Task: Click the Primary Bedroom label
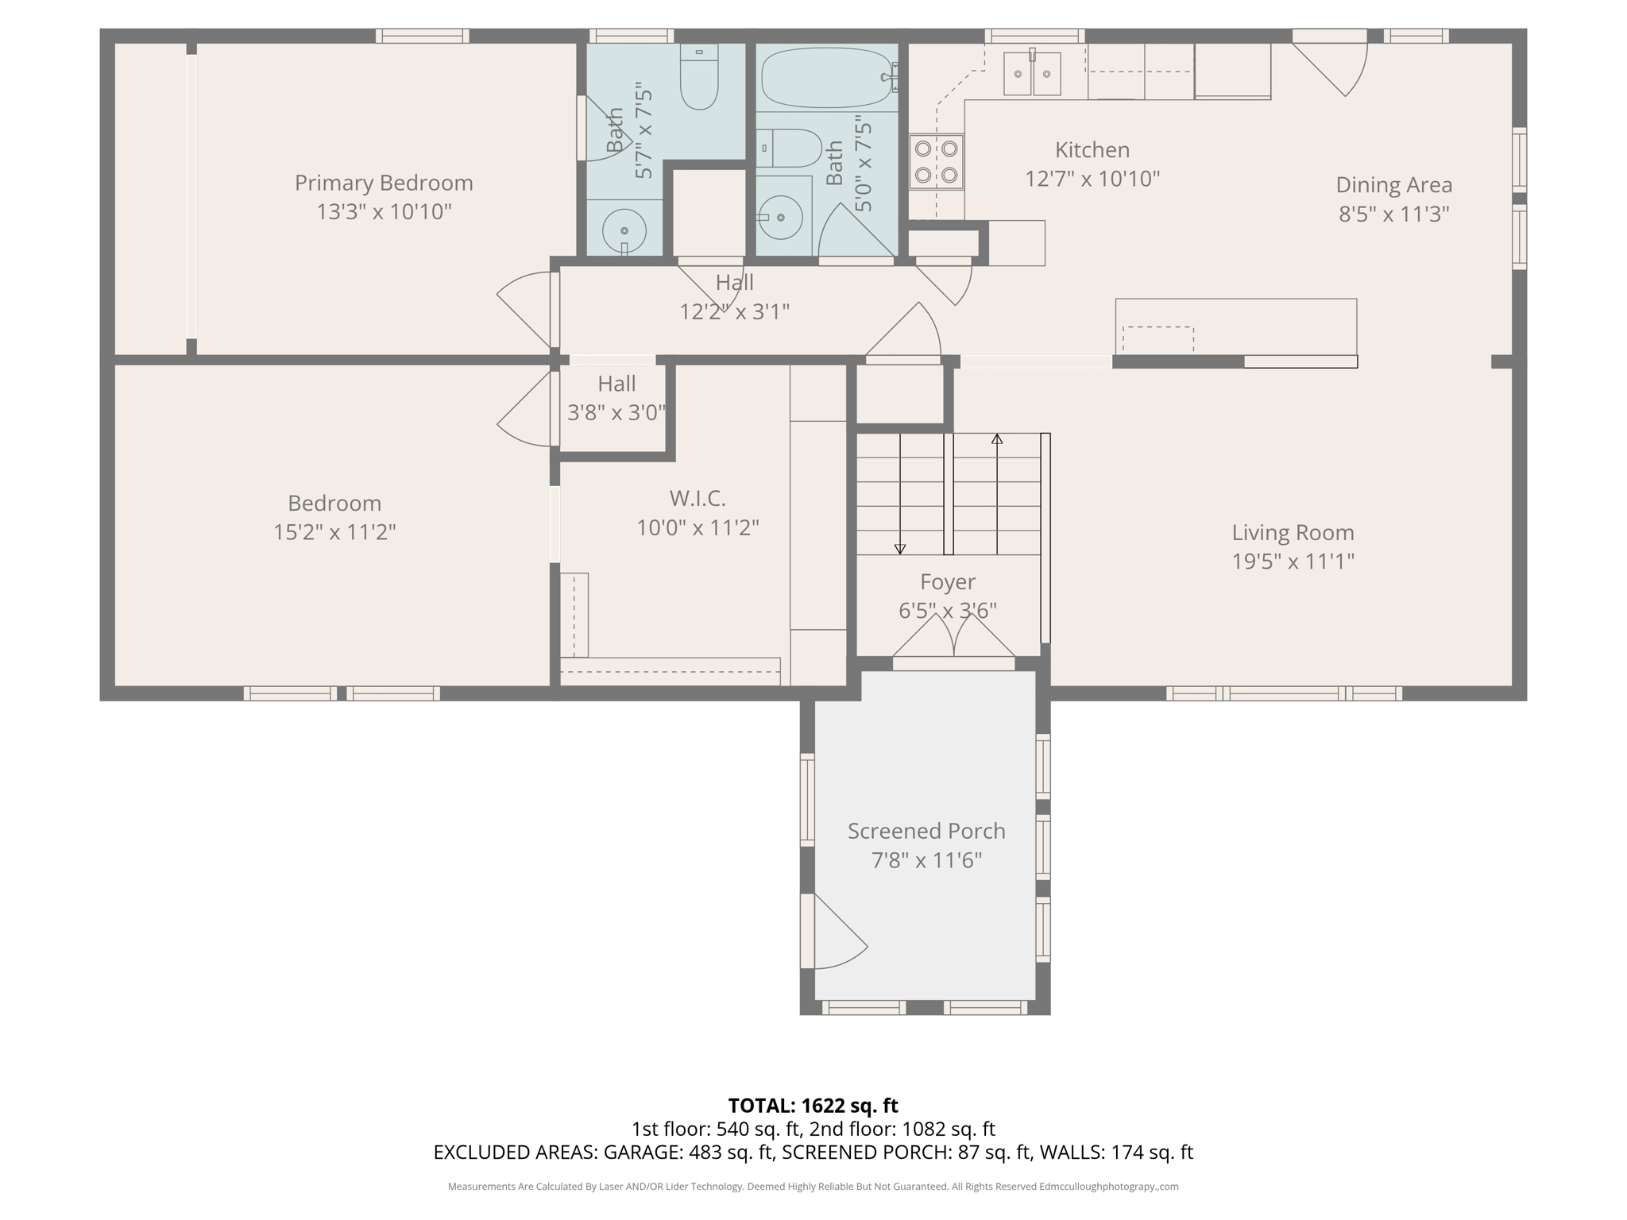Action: (384, 183)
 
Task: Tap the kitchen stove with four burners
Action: (937, 161)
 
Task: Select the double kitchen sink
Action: (1032, 73)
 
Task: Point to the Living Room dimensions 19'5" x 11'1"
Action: (1293, 562)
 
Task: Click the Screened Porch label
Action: (926, 831)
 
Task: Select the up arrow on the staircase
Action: (997, 438)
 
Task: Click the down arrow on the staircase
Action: (900, 548)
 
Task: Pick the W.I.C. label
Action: (698, 499)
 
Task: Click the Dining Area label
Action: (1393, 185)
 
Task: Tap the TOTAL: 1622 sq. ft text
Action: (813, 1106)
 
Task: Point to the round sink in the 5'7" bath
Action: (624, 231)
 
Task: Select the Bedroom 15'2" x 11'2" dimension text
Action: (334, 532)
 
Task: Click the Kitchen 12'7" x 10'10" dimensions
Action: (1092, 180)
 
